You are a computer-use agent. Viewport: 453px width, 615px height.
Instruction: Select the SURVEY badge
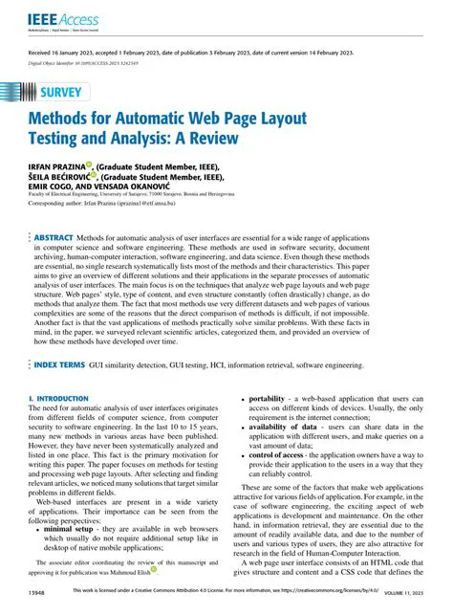coord(61,93)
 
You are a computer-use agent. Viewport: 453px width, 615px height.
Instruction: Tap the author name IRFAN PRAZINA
coord(56,165)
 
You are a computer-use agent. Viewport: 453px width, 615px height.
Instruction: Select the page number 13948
coord(34,594)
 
